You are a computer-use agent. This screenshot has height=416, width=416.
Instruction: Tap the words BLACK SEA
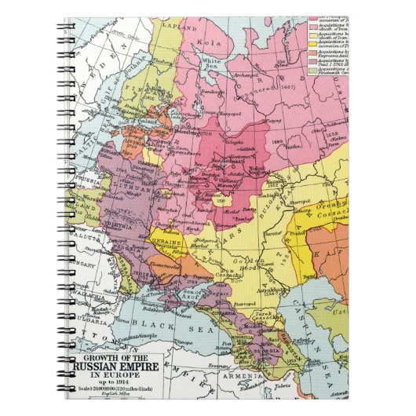(x=157, y=323)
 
